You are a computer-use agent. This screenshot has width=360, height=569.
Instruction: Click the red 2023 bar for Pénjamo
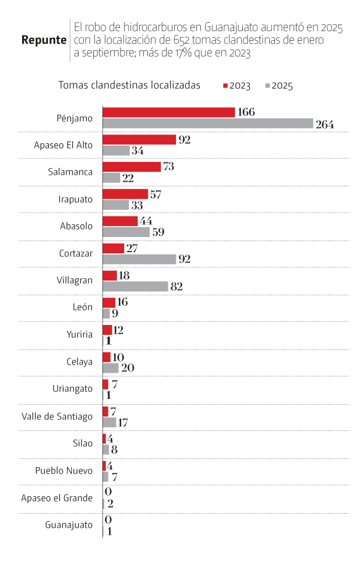(x=169, y=112)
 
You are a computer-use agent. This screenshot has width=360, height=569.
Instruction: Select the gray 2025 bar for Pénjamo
(x=208, y=123)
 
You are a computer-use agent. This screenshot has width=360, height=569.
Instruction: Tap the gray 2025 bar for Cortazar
(x=139, y=259)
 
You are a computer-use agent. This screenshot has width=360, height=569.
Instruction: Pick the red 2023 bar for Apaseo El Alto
(x=139, y=139)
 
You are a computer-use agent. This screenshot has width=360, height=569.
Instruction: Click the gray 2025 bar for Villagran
(x=135, y=286)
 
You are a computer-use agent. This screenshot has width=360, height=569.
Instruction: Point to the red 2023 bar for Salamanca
(x=132, y=167)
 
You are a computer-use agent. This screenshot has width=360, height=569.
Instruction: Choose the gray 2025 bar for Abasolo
(x=126, y=232)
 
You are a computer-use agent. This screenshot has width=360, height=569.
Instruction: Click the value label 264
(x=324, y=124)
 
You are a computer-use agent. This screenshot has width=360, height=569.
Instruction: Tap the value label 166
(x=246, y=112)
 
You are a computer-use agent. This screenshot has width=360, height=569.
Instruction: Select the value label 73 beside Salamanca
(x=169, y=167)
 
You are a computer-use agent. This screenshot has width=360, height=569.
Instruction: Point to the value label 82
(x=177, y=286)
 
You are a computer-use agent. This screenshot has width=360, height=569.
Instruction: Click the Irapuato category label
(x=76, y=199)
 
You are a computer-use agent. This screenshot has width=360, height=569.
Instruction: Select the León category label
(x=82, y=307)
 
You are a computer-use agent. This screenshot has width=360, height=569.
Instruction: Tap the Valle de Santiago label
(x=57, y=416)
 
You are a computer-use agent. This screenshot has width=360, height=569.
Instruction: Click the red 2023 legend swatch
(x=225, y=86)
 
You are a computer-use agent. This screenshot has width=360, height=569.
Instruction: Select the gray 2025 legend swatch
(x=267, y=86)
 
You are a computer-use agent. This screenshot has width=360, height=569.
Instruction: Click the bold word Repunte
(x=43, y=40)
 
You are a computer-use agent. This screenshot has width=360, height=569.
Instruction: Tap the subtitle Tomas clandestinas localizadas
(x=129, y=85)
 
